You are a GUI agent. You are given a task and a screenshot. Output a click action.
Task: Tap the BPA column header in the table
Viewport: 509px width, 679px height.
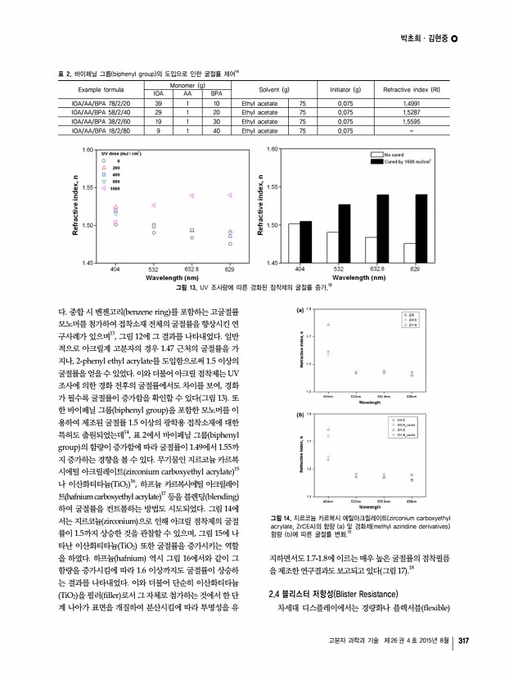click(x=215, y=94)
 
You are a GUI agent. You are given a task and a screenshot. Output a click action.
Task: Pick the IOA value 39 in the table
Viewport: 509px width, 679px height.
click(x=158, y=103)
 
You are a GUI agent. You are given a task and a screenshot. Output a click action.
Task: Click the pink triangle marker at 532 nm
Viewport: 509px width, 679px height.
click(x=153, y=205)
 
